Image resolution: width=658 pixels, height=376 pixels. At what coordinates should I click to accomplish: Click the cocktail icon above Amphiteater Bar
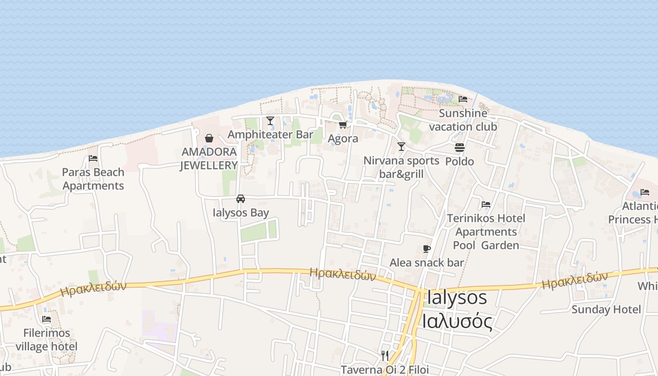270,121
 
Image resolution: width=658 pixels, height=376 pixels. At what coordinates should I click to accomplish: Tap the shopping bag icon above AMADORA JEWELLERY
209,138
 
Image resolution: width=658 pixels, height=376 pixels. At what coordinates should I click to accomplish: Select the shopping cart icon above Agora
343,125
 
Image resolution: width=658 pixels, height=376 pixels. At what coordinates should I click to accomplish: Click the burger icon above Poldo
460,148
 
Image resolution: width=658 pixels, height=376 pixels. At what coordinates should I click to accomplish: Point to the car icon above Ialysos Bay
241,198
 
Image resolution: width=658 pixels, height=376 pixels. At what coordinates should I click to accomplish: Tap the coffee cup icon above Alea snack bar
427,249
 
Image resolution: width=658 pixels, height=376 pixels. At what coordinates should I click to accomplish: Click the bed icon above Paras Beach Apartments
93,158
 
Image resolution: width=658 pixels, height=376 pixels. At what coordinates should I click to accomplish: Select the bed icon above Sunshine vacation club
463,99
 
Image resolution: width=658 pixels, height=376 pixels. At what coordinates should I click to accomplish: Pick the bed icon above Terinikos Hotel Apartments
486,204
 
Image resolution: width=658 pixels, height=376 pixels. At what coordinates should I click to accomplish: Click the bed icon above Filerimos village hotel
47,319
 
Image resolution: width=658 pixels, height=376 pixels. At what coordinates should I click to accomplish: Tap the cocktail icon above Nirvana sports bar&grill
401,147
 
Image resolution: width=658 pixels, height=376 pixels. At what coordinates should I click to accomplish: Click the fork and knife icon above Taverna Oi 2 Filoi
385,355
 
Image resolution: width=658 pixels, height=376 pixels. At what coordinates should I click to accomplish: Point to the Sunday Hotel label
606,309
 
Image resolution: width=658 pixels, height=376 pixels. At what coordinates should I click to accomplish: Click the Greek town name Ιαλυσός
457,322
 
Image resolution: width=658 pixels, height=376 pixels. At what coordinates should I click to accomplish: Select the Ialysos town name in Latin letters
457,298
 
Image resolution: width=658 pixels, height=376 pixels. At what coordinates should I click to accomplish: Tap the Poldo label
459,162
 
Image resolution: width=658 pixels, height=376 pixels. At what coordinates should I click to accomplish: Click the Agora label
343,139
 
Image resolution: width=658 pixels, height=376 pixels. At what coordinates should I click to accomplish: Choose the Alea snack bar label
426,263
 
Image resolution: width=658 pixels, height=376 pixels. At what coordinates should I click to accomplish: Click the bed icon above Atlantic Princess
645,192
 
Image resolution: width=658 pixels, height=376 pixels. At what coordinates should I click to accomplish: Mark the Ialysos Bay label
241,212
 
